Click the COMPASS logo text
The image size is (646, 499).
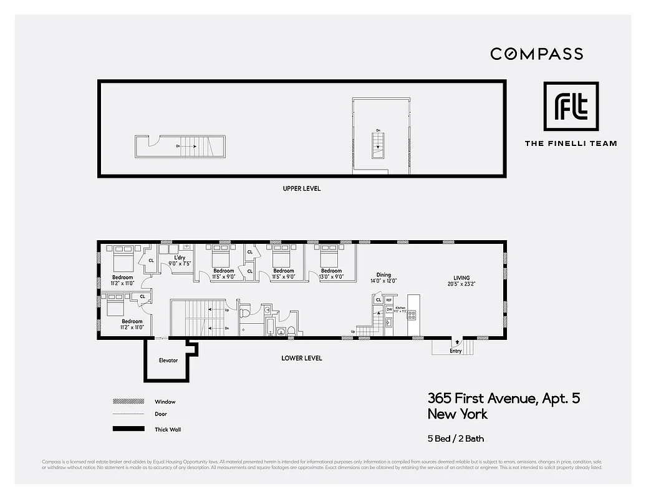pyautogui.click(x=536, y=54)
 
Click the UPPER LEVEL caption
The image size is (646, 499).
pyautogui.click(x=301, y=188)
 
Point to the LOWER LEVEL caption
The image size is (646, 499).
pyautogui.click(x=301, y=358)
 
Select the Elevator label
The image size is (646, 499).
pyautogui.click(x=168, y=361)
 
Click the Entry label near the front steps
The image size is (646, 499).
pyautogui.click(x=455, y=351)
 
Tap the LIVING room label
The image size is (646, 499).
pyautogui.click(x=461, y=278)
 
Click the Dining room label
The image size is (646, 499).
pyautogui.click(x=383, y=275)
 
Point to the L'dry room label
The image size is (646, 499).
pyautogui.click(x=180, y=258)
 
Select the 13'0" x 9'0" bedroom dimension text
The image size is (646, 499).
pyautogui.click(x=331, y=277)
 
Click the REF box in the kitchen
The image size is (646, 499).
pyautogui.click(x=388, y=300)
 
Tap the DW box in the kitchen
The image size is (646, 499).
pyautogui.click(x=388, y=309)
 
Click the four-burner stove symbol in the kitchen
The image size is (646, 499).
pyautogui.click(x=412, y=315)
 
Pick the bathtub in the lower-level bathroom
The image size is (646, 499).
pyautogui.click(x=269, y=327)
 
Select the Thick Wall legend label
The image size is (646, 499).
pyautogui.click(x=168, y=429)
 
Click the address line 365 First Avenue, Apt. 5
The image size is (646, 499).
pyautogui.click(x=503, y=398)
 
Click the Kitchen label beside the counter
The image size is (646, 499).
pyautogui.click(x=400, y=308)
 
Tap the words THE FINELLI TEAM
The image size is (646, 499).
pyautogui.click(x=571, y=143)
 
